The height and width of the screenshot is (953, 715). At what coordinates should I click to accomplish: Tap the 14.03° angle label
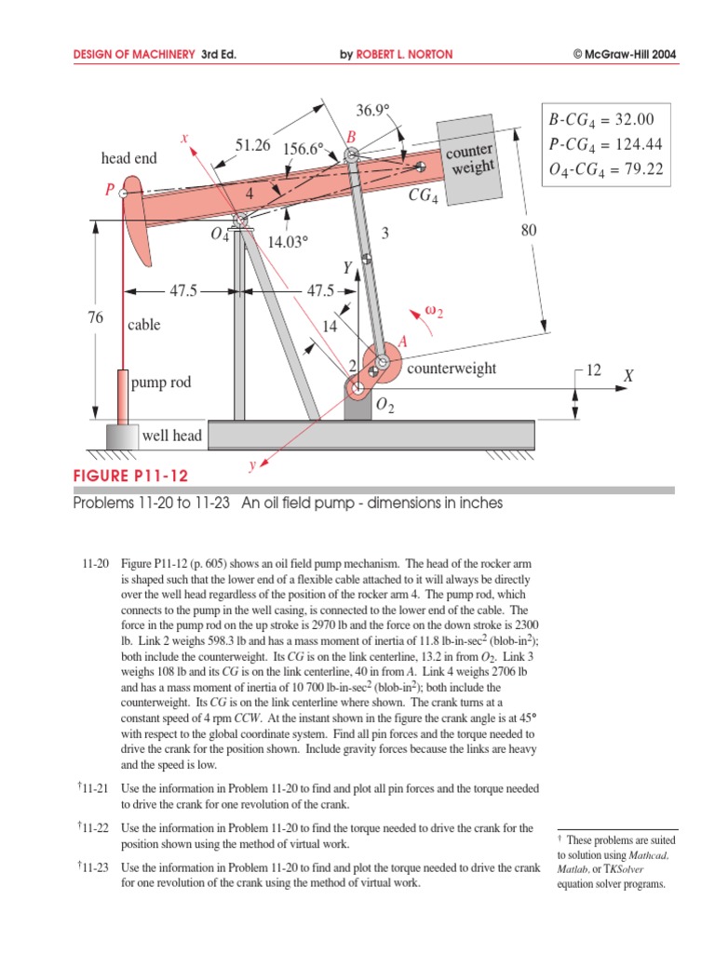pos(288,242)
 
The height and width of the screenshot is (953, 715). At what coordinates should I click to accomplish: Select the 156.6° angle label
pos(304,149)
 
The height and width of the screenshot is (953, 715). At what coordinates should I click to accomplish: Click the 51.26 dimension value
pos(252,145)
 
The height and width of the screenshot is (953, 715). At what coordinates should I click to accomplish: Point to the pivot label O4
pos(220,235)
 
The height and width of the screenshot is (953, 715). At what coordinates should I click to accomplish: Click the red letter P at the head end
pos(110,190)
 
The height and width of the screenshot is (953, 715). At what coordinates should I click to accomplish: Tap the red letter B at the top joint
pos(351,138)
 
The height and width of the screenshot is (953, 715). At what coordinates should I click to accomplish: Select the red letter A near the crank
pos(403,342)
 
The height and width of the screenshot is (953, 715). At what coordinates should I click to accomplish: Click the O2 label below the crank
pos(385,407)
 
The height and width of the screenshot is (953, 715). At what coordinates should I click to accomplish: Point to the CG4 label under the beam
pos(423,197)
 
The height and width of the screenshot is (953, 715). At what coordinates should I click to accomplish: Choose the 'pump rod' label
pos(161,383)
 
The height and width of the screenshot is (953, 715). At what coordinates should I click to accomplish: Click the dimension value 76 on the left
pos(96,317)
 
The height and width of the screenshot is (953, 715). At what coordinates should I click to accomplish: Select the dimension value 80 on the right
pos(529,231)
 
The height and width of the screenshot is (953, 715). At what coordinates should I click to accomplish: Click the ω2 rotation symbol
pos(433,312)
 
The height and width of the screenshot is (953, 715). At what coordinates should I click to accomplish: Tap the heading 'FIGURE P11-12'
pos(130,476)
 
